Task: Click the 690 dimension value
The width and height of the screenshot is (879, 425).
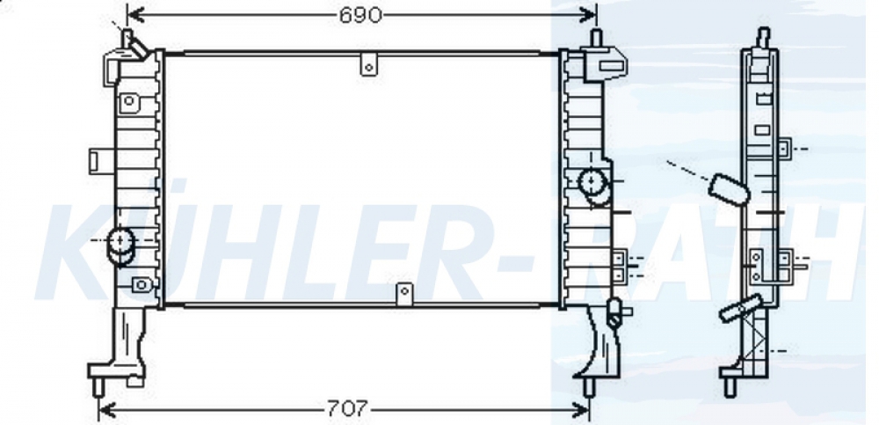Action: (x=360, y=15)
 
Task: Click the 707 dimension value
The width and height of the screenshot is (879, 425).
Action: (x=347, y=408)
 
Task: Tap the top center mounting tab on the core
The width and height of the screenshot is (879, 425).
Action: (x=369, y=64)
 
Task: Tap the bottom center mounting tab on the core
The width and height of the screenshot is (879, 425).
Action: (x=404, y=294)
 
